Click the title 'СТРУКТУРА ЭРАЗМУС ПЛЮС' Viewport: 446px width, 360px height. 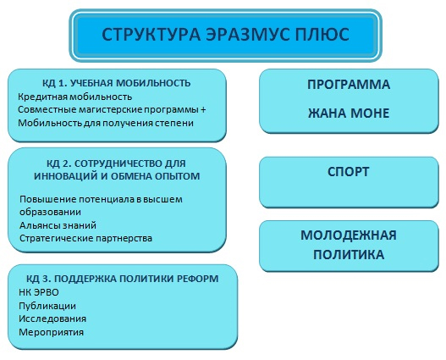pos(225,35)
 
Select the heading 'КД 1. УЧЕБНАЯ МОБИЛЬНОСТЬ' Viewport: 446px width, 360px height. pos(116,83)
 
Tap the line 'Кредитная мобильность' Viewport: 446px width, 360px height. pos(74,97)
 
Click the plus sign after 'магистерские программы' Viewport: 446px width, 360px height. pos(203,110)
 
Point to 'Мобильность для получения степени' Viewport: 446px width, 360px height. pos(106,123)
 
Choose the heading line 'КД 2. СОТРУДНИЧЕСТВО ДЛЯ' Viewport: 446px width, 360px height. pos(116,163)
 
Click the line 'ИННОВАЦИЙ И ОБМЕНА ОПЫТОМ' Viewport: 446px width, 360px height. pos(117,176)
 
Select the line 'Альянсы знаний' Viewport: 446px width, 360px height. pos(58,225)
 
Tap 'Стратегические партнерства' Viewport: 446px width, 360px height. pos(86,238)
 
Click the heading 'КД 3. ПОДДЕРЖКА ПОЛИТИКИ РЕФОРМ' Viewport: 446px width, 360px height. pos(123,279)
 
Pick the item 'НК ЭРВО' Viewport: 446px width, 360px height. pos(39,292)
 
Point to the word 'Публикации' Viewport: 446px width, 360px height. pos(47,306)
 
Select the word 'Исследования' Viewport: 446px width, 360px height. pos(52,318)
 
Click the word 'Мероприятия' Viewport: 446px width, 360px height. pos(51,332)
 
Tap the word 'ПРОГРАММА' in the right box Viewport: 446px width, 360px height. pos(349,85)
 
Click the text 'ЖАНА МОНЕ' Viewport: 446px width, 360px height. pos(349,114)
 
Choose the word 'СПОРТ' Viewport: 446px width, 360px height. pos(349,172)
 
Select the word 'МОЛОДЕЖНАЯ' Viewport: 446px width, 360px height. pos(349,235)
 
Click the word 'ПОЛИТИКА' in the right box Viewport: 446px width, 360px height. pos(349,254)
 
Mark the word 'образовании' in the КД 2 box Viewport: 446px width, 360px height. pos(50,213)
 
